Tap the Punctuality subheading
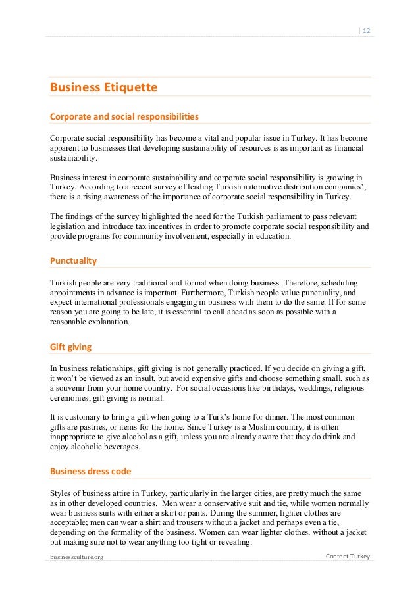[x=74, y=260]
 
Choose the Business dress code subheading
[x=91, y=471]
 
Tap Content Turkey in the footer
[x=349, y=557]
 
